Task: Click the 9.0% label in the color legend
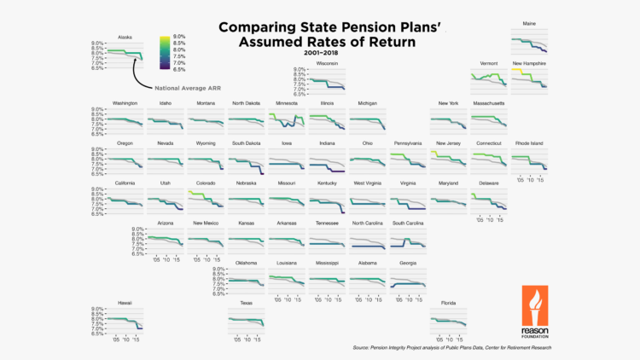[x=179, y=37]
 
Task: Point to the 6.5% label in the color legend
[x=179, y=69]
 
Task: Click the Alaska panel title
[x=125, y=37]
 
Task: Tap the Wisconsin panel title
[x=327, y=63]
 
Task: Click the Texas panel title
[x=246, y=303]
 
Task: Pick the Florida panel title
[x=447, y=303]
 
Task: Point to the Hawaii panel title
[x=125, y=303]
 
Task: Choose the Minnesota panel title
[x=286, y=103]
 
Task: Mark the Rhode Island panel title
[x=529, y=143]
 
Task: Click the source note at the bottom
[x=451, y=348]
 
